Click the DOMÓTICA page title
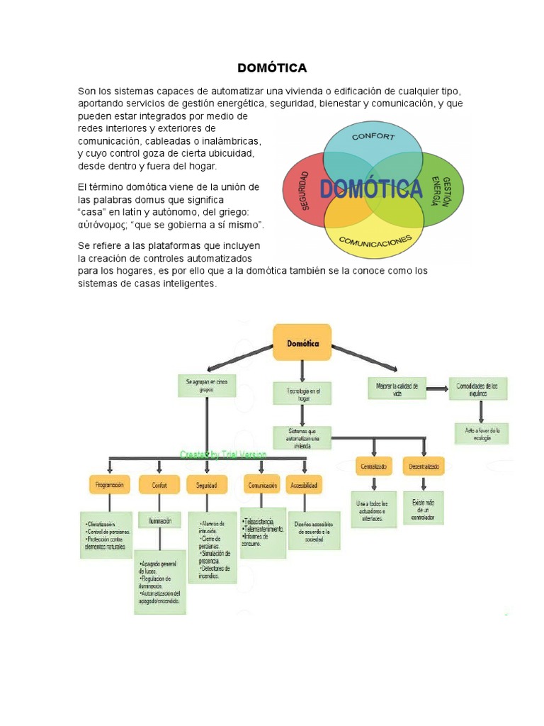[272, 69]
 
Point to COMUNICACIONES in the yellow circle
[375, 242]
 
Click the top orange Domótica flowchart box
[302, 343]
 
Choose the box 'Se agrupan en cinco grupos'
[207, 386]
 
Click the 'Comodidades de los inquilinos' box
[478, 389]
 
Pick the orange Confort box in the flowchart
[159, 486]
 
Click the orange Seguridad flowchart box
[207, 486]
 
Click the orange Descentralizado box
[424, 467]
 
